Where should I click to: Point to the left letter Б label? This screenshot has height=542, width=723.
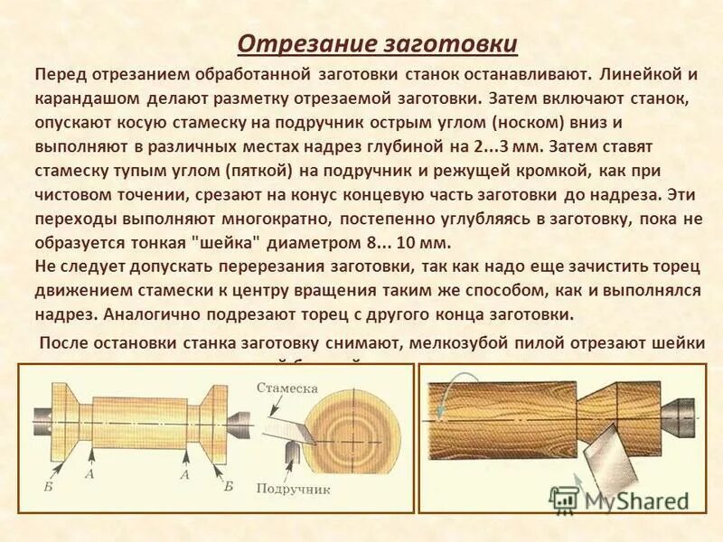pyautogui.click(x=47, y=485)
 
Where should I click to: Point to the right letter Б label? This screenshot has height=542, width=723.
pyautogui.click(x=229, y=485)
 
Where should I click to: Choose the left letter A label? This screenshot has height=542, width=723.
pyautogui.click(x=89, y=472)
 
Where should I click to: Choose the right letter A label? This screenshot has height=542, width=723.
pyautogui.click(x=183, y=472)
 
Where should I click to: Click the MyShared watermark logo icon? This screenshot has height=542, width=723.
pyautogui.click(x=565, y=500)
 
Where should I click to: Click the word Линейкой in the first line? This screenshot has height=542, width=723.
pyautogui.click(x=643, y=71)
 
